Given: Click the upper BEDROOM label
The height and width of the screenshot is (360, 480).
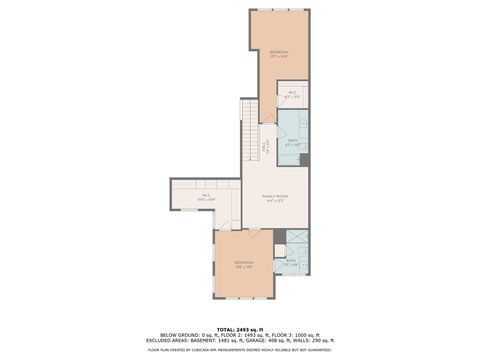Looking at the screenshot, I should pyautogui.click(x=279, y=53).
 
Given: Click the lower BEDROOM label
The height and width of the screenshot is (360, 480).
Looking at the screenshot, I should pyautogui.click(x=244, y=265).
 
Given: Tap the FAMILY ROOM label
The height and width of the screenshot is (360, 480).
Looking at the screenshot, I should pyautogui.click(x=275, y=198).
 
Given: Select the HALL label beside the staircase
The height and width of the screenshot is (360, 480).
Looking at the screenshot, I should pyautogui.click(x=263, y=147).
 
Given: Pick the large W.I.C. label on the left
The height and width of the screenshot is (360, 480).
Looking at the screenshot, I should pyautogui.click(x=207, y=197).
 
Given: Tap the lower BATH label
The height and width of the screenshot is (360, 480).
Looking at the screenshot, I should pyautogui.click(x=290, y=261).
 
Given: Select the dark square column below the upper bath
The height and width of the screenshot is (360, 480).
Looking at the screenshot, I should pyautogui.click(x=304, y=160).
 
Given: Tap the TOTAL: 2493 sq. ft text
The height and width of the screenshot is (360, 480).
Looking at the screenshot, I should pyautogui.click(x=240, y=328).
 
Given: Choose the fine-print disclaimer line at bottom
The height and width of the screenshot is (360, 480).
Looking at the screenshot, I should pyautogui.click(x=240, y=350).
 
